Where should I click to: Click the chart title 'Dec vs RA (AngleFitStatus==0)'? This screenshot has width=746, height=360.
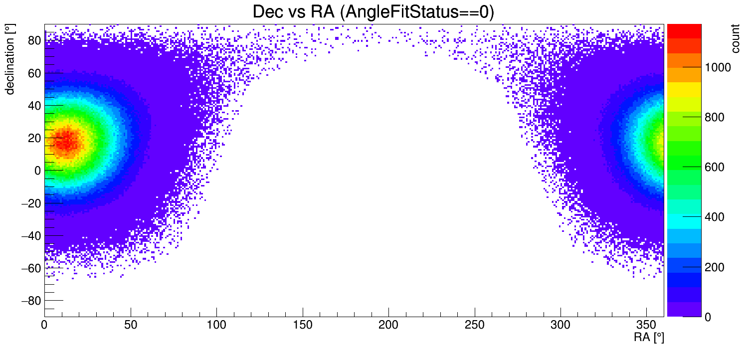373,12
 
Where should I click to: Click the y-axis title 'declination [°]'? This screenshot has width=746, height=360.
10,59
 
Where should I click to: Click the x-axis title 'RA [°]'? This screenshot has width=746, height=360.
649,338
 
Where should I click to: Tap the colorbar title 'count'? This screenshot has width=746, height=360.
735,38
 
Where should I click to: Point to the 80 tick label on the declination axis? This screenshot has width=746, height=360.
34,40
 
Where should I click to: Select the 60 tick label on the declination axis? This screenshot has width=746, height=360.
34,73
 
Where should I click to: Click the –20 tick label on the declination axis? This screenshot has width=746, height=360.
31,203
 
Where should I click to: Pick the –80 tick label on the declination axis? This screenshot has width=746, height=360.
31,301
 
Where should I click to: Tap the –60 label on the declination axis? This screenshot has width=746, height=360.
31,268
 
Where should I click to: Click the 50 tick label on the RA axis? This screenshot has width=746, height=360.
131,325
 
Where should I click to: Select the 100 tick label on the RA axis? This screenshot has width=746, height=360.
216,325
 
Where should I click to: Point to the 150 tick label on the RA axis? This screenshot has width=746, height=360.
303,325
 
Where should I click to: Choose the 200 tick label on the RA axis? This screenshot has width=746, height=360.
388,325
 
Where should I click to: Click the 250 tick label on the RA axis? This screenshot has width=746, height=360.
475,325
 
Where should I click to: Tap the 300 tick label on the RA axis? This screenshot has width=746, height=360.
560,325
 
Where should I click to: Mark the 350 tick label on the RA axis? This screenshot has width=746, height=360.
646,325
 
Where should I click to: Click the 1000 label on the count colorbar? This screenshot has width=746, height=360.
718,68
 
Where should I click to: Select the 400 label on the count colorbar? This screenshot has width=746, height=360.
715,217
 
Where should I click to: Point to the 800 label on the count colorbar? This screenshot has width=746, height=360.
715,117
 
